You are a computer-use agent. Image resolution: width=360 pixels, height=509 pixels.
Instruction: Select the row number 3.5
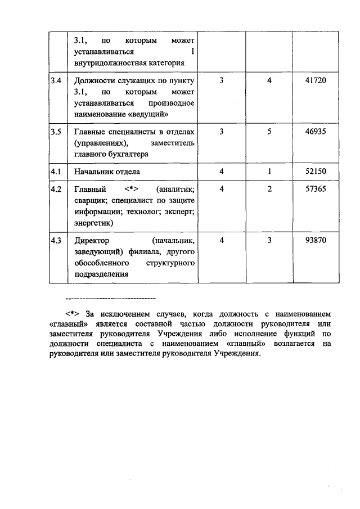tap(56, 131)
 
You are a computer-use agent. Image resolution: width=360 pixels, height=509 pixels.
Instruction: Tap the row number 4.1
tap(56, 171)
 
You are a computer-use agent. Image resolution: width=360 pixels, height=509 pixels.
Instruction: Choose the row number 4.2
tap(56, 190)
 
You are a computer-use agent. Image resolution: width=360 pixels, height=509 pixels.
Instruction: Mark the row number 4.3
tap(56, 240)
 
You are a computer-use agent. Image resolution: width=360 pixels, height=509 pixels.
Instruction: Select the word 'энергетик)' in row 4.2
tap(93, 223)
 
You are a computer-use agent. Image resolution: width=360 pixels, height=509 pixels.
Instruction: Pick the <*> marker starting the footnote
tap(73, 313)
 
